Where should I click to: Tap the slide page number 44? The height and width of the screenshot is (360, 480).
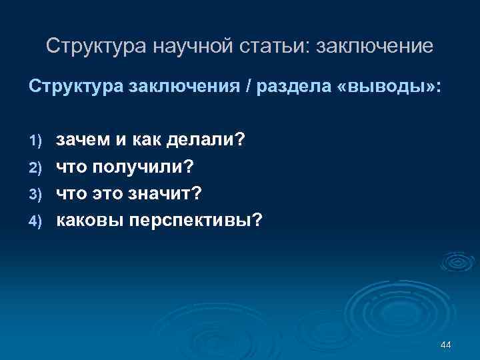click(x=446, y=345)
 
